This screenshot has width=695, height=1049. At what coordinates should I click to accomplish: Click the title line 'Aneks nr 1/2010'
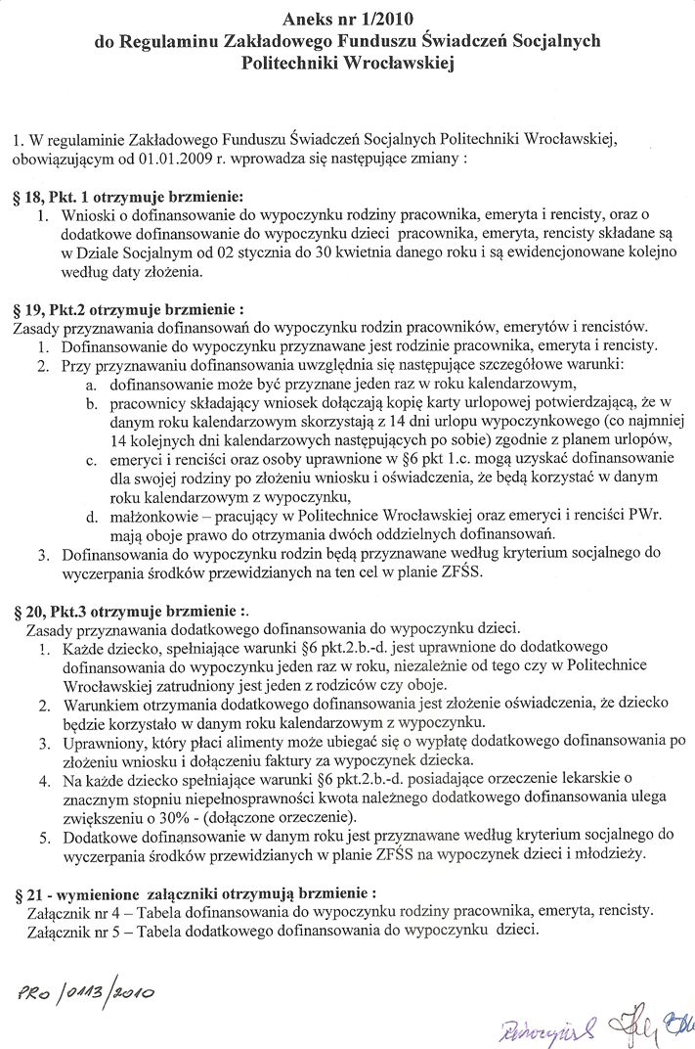347,19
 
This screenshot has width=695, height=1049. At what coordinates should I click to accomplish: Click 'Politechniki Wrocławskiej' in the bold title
347,62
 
